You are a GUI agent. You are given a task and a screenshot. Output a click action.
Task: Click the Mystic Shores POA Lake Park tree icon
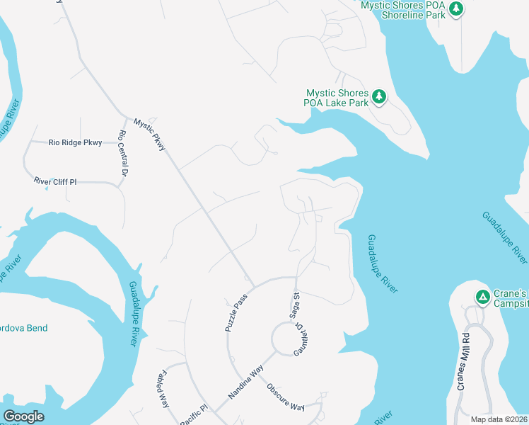(379, 97)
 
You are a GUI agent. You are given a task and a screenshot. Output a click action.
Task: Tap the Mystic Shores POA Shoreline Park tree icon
(457, 8)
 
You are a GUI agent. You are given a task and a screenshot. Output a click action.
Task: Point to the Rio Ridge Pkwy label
(75, 142)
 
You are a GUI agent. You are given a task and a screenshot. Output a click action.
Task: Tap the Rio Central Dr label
(123, 153)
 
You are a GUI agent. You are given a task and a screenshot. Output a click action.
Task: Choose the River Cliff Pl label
(55, 182)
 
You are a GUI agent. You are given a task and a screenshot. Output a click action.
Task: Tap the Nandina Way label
(245, 382)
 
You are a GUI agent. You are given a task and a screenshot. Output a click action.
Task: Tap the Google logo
(23, 416)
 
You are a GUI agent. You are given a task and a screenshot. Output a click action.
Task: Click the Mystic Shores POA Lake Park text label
(337, 98)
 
